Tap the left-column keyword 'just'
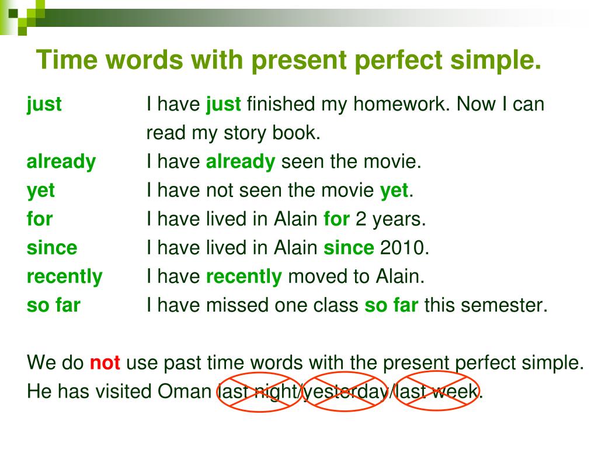click(44, 105)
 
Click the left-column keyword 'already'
click(61, 162)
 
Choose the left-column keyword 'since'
click(52, 248)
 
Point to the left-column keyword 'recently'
click(64, 277)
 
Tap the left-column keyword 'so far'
click(53, 305)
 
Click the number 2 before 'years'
click(361, 219)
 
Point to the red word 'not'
click(105, 362)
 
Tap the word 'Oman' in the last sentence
click(185, 391)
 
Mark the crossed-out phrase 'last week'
click(435, 391)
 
